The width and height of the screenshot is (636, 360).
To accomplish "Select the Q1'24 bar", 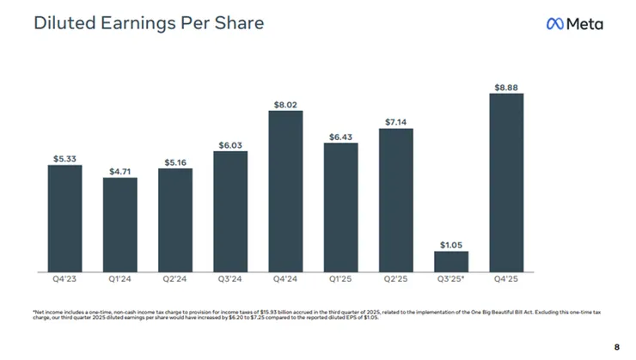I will tap(119, 224).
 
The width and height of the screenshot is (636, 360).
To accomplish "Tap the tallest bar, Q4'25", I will tap(506, 182).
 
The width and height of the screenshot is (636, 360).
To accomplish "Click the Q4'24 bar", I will tap(285, 191).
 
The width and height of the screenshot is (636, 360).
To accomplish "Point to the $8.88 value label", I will tap(506, 87).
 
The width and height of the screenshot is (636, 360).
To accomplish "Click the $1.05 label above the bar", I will tap(451, 245).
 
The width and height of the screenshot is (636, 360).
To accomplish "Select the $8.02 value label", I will tap(285, 105).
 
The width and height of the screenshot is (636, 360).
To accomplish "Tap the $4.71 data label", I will tap(119, 171).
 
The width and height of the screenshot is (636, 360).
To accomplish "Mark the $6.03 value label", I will tap(230, 145).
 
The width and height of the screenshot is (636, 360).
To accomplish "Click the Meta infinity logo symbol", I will tap(555, 24).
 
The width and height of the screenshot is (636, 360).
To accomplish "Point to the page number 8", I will tap(616, 346).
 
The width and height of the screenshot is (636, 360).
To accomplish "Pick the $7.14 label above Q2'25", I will tap(396, 123).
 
